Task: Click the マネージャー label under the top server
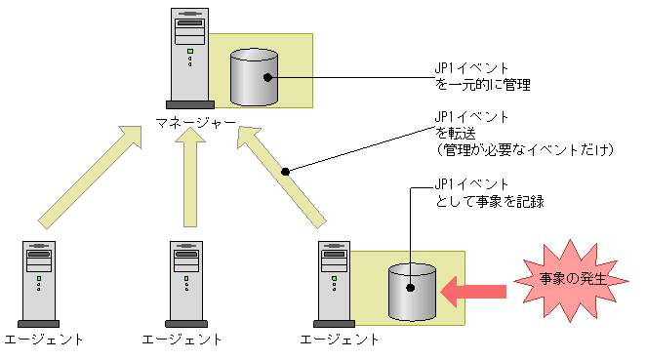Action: click(195, 123)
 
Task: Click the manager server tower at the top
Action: click(190, 59)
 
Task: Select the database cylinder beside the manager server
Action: click(254, 77)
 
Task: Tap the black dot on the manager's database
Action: click(267, 77)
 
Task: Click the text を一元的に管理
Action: click(482, 85)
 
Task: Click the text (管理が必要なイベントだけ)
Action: click(524, 150)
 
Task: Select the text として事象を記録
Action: click(490, 201)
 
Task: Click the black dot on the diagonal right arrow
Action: click(286, 172)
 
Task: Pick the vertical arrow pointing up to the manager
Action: click(190, 178)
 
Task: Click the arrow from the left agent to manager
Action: click(91, 178)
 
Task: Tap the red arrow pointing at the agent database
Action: click(473, 292)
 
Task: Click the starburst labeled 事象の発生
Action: click(572, 280)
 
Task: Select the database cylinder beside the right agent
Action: click(412, 292)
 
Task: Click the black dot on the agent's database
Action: click(411, 288)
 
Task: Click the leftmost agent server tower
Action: click(39, 284)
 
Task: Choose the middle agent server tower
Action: click(186, 284)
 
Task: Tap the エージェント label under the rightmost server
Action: click(339, 340)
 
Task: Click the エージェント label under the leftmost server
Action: click(44, 340)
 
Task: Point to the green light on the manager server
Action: click(190, 52)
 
